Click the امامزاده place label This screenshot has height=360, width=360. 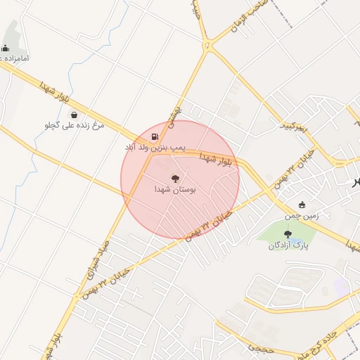15,58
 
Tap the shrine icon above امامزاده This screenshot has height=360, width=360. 6,49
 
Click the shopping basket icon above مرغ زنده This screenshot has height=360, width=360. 74,115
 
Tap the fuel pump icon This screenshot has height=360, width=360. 154,136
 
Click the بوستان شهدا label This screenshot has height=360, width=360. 175,190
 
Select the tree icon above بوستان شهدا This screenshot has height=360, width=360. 175,179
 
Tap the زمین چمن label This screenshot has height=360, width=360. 302,216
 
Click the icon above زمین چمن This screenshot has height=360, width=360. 302,205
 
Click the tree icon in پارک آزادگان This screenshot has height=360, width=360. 287,234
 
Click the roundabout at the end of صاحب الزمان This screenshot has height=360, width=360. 208,45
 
